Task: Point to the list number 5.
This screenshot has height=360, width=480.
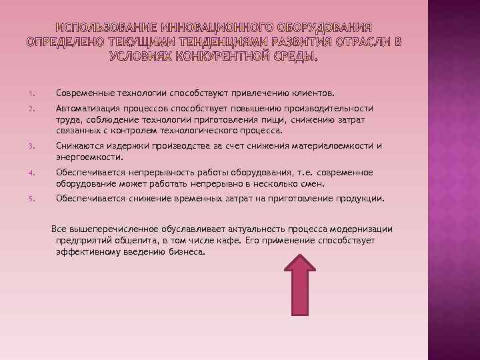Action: (31, 199)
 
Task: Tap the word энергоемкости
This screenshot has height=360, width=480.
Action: (89, 157)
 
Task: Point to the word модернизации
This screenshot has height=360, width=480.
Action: (361, 229)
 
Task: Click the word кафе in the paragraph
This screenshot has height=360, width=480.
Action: (225, 241)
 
